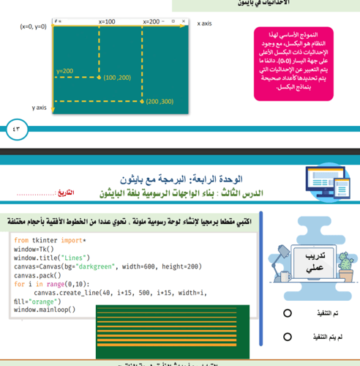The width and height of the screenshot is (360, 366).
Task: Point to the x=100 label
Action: (107, 23)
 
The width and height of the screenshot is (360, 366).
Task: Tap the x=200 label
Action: (154, 23)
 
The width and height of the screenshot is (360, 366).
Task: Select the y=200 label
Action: (64, 71)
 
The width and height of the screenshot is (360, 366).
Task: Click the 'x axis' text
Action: (204, 23)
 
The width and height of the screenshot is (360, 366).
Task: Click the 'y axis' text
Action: (40, 108)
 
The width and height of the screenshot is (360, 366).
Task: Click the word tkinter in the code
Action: (50, 240)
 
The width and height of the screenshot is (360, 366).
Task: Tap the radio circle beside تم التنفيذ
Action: (288, 314)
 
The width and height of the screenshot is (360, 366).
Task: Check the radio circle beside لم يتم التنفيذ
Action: (288, 338)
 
